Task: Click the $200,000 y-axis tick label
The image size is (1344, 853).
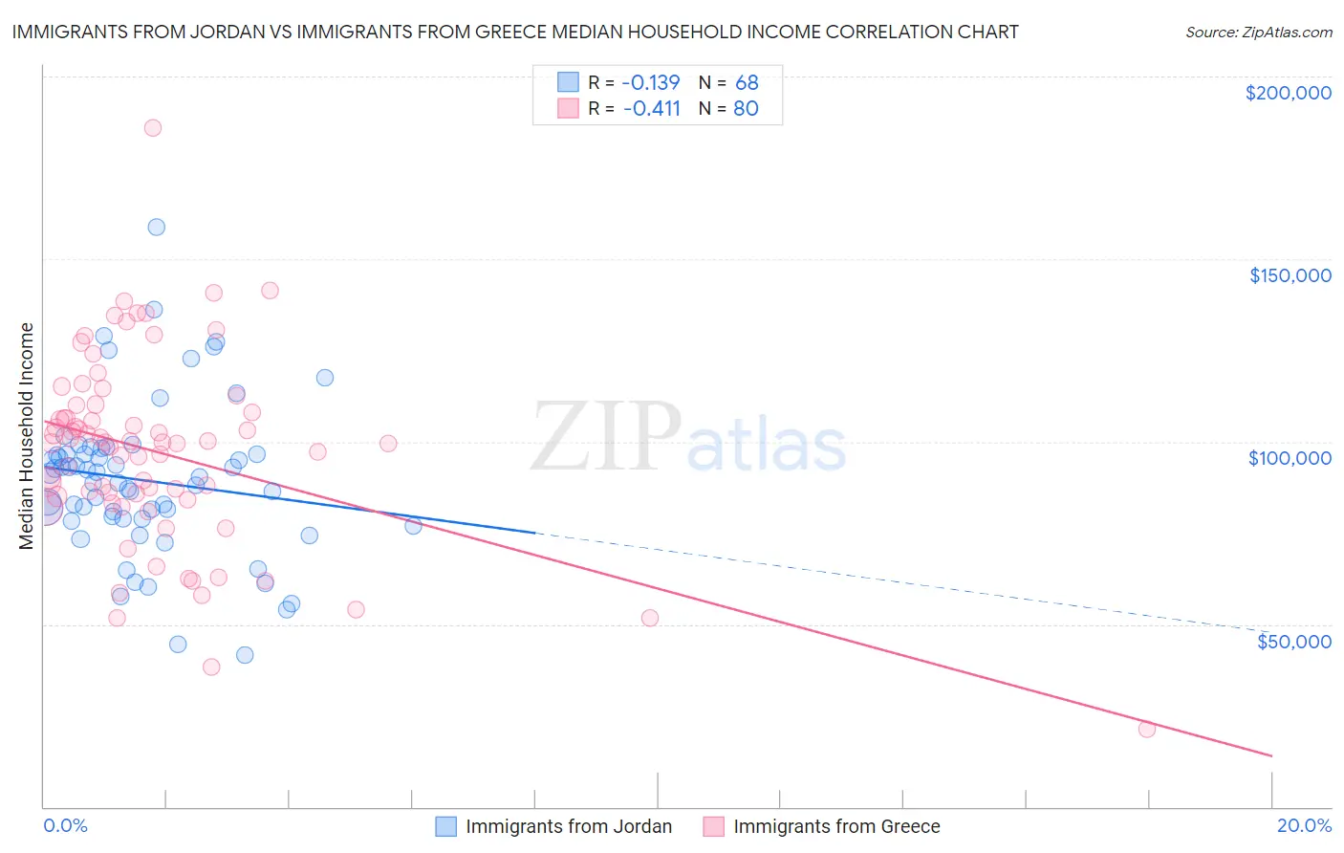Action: click(x=1288, y=93)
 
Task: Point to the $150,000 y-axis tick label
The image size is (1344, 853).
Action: click(x=1290, y=275)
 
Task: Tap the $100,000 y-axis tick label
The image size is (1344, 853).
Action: click(x=1290, y=458)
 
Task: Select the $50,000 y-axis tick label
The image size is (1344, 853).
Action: click(x=1293, y=641)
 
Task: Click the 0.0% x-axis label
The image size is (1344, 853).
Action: click(x=65, y=825)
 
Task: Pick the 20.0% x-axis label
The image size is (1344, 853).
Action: click(x=1304, y=825)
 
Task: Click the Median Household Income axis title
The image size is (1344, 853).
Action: click(x=27, y=436)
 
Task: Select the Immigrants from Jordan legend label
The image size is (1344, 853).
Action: click(x=569, y=826)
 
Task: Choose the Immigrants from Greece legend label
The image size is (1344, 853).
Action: click(x=836, y=826)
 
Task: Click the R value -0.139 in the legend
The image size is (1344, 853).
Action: click(x=650, y=82)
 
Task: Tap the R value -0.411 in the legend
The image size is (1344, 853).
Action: click(x=651, y=108)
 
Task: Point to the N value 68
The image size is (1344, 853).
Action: click(x=747, y=82)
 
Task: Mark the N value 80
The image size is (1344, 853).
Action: click(x=746, y=108)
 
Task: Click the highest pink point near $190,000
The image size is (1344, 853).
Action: click(x=153, y=127)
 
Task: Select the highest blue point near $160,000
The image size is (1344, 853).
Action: click(x=156, y=227)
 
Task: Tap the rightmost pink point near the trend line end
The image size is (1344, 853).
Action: click(x=1147, y=729)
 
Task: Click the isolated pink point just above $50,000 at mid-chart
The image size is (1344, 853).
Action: click(x=650, y=618)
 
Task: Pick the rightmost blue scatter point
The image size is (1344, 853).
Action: click(x=413, y=525)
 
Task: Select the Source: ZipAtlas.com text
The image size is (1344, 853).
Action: click(x=1258, y=33)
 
